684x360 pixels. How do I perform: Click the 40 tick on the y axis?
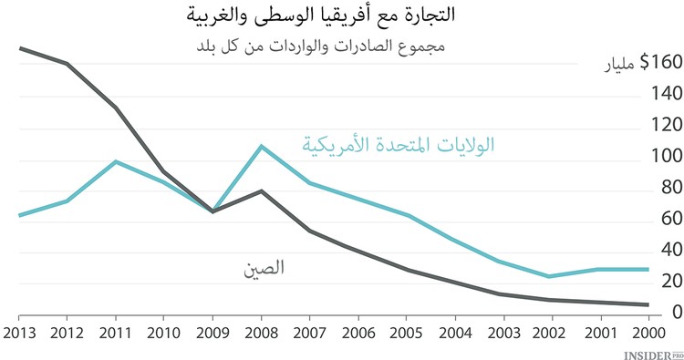664,251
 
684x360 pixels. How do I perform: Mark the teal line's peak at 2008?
261,146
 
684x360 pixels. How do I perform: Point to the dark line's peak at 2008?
261,191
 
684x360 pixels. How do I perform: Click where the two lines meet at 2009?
213,211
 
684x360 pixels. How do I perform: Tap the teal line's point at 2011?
117,161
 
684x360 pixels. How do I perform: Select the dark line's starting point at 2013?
20,48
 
